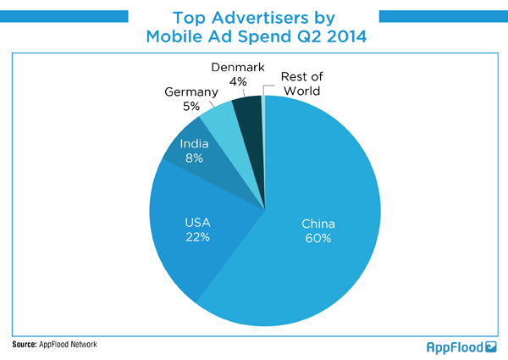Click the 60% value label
318,238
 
